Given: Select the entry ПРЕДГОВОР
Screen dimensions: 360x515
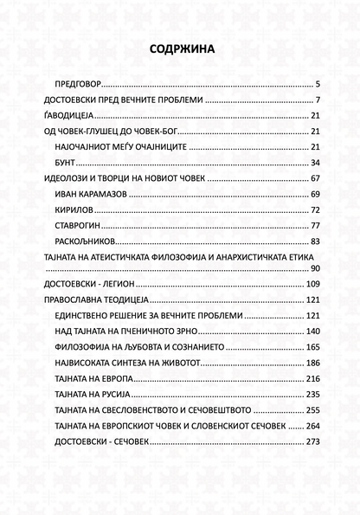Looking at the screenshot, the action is coord(78,85).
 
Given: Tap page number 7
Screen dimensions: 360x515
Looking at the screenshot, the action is coord(318,100).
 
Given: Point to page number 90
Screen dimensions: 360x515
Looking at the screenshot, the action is coord(316,269).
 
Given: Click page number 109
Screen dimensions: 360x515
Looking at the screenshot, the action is coord(313,285).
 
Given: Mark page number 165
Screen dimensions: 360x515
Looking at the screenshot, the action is coord(313,347).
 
